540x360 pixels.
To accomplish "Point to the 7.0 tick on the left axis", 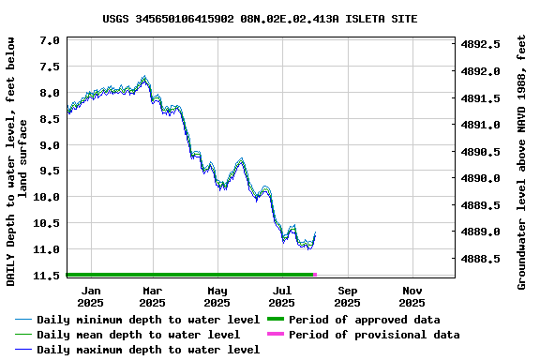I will tap(51, 41).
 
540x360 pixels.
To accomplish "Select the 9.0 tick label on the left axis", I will tap(51, 145).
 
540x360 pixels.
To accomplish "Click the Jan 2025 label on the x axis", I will tap(91, 296).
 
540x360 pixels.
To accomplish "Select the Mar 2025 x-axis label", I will tap(152, 296).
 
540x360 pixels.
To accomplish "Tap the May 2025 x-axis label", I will tap(217, 296).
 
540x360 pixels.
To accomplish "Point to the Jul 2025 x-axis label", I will tap(281, 296).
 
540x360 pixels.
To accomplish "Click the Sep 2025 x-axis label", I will tap(347, 296).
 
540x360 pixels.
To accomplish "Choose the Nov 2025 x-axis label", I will tap(412, 296).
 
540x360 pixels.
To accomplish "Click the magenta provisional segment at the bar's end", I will tap(314, 275).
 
